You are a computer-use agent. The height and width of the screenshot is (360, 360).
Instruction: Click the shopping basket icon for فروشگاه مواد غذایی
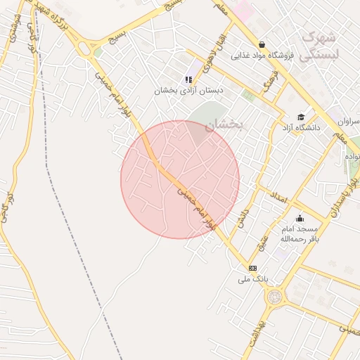[262, 44]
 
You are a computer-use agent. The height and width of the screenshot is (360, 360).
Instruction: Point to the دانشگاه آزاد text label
[301, 128]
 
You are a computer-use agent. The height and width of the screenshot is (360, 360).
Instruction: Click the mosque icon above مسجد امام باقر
[300, 219]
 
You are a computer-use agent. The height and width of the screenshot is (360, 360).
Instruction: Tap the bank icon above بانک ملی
[252, 268]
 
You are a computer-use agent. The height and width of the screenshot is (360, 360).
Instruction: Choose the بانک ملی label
[253, 279]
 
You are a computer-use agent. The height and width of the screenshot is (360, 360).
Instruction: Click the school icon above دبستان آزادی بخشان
[188, 79]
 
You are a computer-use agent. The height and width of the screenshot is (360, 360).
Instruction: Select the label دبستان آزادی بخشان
[189, 91]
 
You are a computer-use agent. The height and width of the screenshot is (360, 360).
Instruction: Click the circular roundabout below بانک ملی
[274, 297]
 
